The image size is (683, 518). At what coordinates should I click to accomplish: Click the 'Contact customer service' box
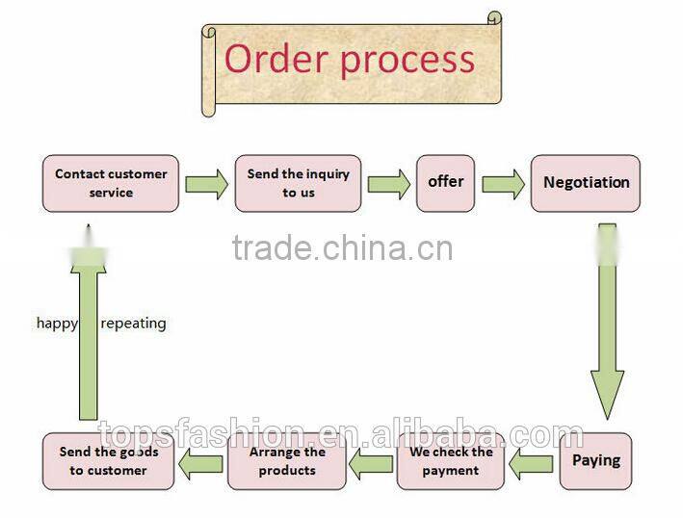pos(111,183)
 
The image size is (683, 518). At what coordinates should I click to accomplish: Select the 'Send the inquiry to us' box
pos(298,183)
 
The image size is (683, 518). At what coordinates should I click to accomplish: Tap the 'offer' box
pos(445,183)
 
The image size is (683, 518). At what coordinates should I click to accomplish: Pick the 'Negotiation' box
pos(585,183)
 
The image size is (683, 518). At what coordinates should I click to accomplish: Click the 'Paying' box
pos(596,460)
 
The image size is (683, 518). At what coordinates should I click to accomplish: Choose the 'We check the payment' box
pos(451,460)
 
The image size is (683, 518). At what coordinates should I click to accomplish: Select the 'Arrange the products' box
pos(287,460)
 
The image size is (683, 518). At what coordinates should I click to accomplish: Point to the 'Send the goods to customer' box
pos(108,460)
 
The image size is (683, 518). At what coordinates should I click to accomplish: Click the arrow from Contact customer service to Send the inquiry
pos(206,183)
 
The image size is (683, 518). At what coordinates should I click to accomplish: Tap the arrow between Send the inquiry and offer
pos(388,183)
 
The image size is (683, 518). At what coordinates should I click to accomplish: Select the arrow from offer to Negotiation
pos(503,183)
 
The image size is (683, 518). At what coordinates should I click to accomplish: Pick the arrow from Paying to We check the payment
pos(532,463)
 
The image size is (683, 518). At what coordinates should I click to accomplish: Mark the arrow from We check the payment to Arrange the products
pos(371,463)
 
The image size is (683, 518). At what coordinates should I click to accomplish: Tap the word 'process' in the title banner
pos(407,60)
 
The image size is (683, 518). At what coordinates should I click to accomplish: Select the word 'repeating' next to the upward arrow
pos(133,324)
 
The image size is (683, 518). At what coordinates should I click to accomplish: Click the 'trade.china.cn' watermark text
pos(341,248)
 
